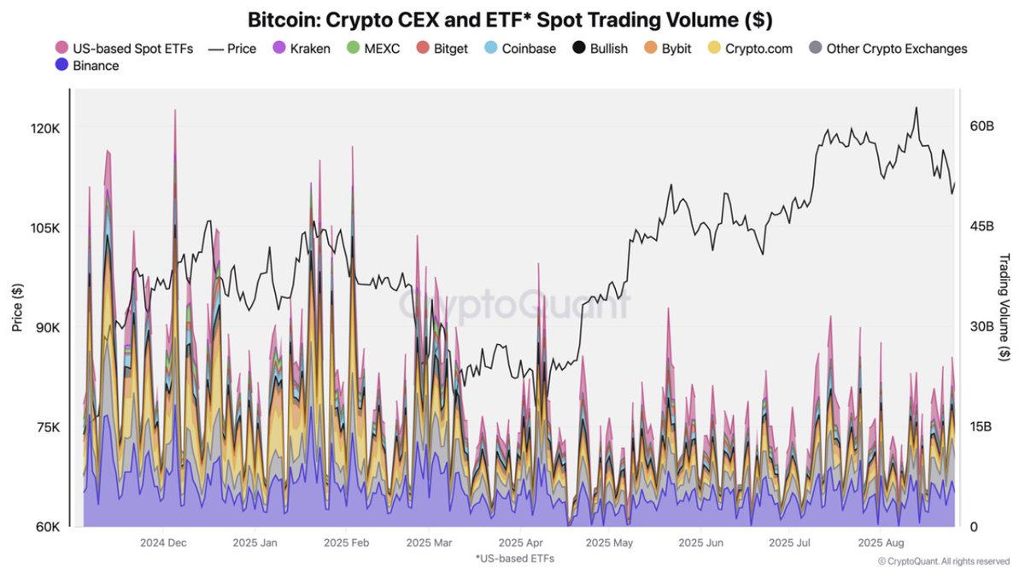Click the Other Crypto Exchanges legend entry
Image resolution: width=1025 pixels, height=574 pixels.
(x=888, y=48)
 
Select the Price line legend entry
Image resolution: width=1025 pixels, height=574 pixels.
(x=231, y=48)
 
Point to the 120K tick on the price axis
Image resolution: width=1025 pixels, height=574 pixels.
(x=44, y=127)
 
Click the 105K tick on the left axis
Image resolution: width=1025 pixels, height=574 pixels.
(x=44, y=227)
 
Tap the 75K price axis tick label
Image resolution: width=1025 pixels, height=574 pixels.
(x=44, y=427)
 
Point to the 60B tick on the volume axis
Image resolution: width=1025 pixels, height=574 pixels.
(x=981, y=126)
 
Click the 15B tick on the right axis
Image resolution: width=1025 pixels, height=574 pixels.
(x=981, y=426)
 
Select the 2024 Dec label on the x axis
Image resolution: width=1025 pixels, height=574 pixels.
(x=164, y=542)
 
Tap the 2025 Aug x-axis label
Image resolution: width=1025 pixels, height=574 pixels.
(x=881, y=542)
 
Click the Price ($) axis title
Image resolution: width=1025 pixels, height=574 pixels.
(x=17, y=308)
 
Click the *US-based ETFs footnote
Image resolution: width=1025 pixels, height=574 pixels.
(x=514, y=558)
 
